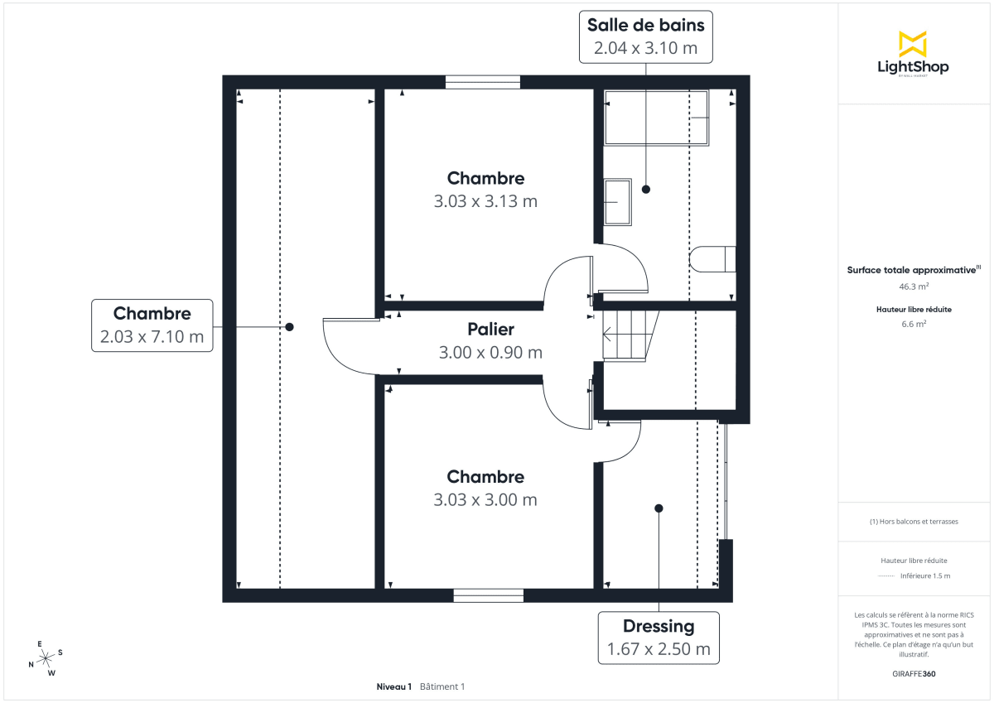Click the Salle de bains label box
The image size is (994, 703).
pos(645,36)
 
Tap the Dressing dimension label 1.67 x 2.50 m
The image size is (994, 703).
pos(659,648)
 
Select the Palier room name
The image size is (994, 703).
pos(490,330)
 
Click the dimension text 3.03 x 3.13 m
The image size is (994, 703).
pos(485,201)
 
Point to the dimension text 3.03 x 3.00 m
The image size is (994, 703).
pos(485,500)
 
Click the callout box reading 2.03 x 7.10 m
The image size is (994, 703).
pos(152,337)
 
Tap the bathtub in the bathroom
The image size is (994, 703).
pos(657,118)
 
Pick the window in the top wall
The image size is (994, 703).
pos(483,82)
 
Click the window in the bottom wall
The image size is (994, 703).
pos(488,595)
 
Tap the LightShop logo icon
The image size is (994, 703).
pos(913,44)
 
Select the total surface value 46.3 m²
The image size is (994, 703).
pos(914,286)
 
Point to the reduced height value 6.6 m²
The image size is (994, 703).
pos(914,324)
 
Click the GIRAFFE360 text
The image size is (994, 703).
pos(914,673)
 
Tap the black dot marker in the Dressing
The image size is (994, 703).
pos(659,508)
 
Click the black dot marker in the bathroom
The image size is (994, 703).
pos(646,190)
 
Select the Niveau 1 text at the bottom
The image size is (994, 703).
pos(393,686)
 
